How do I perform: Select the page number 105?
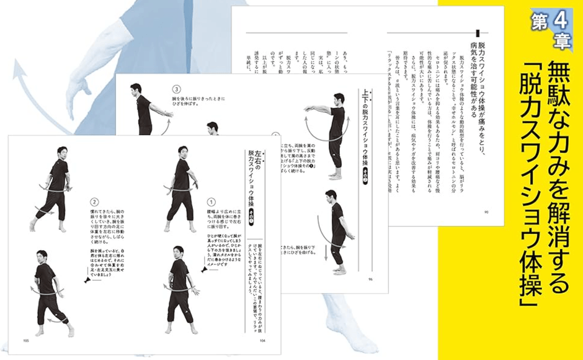[27, 340]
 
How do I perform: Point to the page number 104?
[263, 340]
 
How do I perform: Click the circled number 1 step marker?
[210, 202]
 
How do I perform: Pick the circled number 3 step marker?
[176, 89]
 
